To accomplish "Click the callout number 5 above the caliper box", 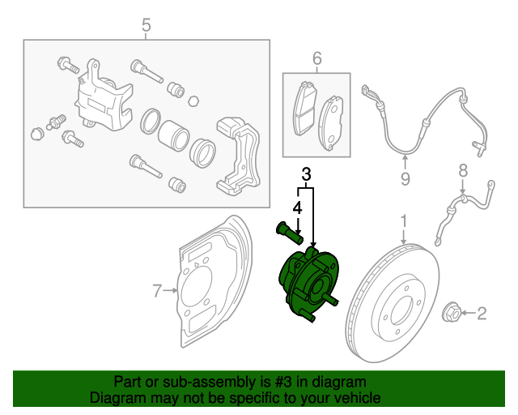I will (x=146, y=26).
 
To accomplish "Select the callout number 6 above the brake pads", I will (x=316, y=58).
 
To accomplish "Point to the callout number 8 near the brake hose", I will (x=462, y=170).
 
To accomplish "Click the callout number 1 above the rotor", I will (x=404, y=221).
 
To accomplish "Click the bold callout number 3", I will (x=306, y=174).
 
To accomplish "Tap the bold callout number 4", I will (x=297, y=208).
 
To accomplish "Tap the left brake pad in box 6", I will (x=305, y=110).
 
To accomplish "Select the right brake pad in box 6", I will (x=333, y=122).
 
